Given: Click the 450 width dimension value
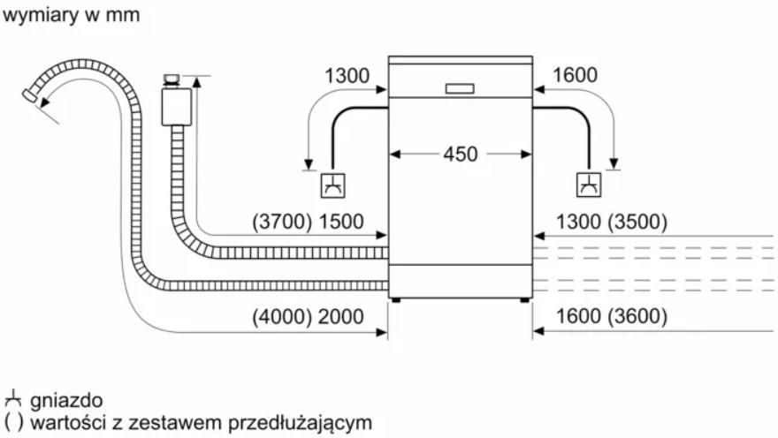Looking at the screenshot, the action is point(461,154).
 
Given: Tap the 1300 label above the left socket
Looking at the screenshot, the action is point(347,76).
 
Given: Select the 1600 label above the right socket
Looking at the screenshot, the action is point(575,75).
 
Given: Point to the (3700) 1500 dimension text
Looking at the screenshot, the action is point(308,222).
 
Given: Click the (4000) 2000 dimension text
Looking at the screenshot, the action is point(308,316).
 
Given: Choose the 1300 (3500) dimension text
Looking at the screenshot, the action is point(611,222).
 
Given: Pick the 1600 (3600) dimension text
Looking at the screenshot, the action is point(611,316).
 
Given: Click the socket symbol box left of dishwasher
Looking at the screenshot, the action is point(333,185).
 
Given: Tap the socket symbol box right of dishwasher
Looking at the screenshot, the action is point(589,185).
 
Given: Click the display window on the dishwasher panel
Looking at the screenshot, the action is point(460,88).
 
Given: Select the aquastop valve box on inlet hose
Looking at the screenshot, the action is point(177,107).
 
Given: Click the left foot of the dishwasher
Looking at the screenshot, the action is point(395,299).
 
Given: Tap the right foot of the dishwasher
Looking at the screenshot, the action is point(524,299).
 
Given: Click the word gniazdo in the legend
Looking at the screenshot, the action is point(66,401).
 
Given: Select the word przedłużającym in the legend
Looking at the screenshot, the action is point(301,423).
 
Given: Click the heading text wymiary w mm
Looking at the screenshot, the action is point(71,15).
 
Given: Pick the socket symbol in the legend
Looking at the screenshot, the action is point(13,398).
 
